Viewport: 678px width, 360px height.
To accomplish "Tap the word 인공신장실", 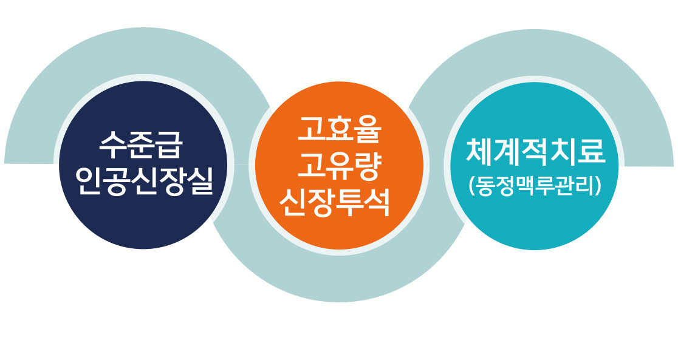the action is [144, 180].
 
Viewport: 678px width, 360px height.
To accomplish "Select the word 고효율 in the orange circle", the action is [339, 130].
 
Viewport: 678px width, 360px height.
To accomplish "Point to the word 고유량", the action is [339, 166].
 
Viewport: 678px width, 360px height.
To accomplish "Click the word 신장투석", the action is [334, 202].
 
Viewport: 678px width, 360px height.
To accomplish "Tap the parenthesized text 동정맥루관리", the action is [535, 186].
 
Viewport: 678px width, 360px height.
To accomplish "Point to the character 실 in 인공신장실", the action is [200, 180].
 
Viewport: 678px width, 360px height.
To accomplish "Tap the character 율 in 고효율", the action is [367, 130].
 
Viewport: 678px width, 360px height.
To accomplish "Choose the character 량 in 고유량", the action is [367, 166].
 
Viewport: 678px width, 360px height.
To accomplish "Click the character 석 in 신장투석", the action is [376, 202].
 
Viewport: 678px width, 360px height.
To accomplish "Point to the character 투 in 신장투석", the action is [348, 202].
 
